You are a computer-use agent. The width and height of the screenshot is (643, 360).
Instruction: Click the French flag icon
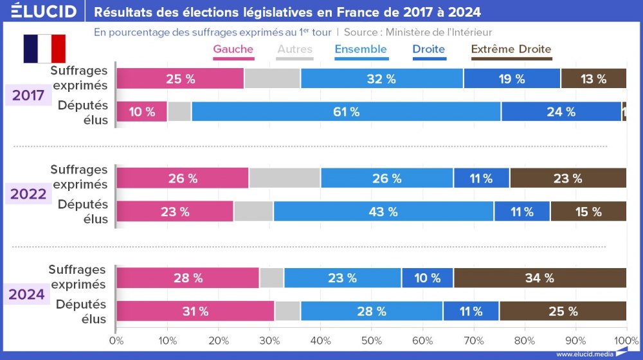point(44,49)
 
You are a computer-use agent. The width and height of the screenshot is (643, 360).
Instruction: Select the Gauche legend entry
point(233,50)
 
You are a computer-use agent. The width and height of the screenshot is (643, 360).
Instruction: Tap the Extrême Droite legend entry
point(511,50)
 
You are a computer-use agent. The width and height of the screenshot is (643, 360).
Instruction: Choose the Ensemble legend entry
point(361,50)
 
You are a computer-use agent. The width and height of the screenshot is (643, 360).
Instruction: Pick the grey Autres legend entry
point(294,50)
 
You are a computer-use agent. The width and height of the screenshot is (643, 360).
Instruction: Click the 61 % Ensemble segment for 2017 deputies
point(346,112)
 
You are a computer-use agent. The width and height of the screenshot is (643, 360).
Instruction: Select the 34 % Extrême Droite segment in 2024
point(539,278)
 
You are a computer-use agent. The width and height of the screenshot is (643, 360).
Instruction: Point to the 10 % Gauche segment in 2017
point(141,112)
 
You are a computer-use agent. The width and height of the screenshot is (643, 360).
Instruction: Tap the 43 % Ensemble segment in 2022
point(383,212)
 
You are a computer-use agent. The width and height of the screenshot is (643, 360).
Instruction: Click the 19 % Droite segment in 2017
point(511,79)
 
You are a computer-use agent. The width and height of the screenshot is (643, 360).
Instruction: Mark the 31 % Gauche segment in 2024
point(195,312)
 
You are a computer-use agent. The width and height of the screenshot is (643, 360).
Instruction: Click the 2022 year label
point(29,194)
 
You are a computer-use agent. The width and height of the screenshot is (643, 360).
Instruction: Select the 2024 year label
point(29,294)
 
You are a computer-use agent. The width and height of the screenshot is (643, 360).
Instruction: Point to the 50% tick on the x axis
point(371,339)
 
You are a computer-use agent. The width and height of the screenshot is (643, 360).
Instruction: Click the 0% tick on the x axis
point(116,339)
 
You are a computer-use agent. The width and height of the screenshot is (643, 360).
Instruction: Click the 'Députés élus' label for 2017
point(82,112)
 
